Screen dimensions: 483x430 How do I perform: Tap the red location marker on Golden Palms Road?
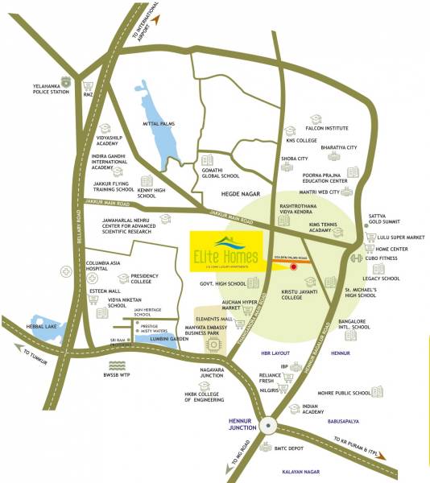pyautogui.click(x=294, y=265)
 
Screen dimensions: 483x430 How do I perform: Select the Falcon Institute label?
pyautogui.click(x=326, y=128)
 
